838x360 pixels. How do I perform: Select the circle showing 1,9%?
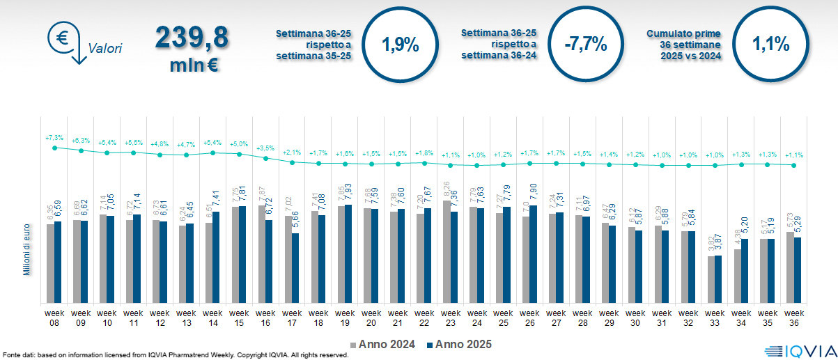click(401, 45)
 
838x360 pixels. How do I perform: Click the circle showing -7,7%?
click(587, 45)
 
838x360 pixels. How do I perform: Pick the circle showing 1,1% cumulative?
click(770, 45)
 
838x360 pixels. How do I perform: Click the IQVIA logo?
click(800, 352)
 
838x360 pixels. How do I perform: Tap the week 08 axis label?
click(54, 318)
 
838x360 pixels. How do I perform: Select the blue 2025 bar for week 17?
click(295, 268)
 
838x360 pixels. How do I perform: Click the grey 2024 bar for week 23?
click(447, 251)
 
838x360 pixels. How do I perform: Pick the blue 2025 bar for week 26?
click(534, 254)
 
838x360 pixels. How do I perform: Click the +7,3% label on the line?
click(54, 137)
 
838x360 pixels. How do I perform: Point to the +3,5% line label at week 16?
click(265, 148)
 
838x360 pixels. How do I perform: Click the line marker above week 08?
click(54, 147)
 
